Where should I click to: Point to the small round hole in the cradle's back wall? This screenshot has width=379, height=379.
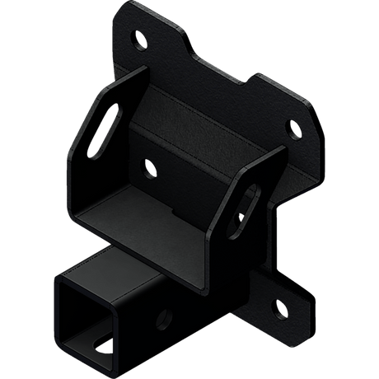(x=150, y=168)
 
